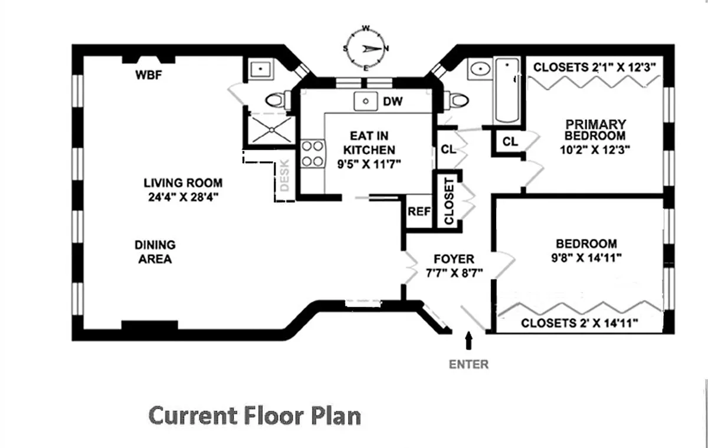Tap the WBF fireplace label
click(x=149, y=75)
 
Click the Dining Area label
click(x=155, y=252)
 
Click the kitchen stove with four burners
click(x=312, y=153)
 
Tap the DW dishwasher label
click(x=392, y=101)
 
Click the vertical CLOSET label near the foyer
click(x=448, y=200)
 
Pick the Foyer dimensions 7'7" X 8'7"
click(x=454, y=273)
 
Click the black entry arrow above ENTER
click(x=469, y=341)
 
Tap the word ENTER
click(x=469, y=364)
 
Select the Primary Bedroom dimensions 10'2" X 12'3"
click(x=595, y=149)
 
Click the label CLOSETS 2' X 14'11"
click(x=581, y=323)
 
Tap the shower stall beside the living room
click(x=269, y=128)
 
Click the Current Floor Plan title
click(x=254, y=416)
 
